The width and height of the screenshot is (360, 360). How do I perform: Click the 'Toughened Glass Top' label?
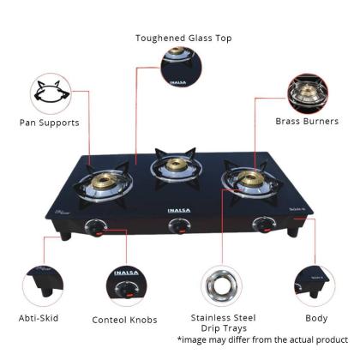point(183,38)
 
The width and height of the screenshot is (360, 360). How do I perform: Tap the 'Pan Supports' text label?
point(50,123)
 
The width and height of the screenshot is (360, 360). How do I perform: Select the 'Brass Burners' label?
point(307,121)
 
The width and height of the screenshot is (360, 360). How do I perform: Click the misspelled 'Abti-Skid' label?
point(39,318)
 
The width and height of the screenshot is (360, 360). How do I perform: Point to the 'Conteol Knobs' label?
point(124,320)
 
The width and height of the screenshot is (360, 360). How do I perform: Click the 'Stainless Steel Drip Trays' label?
point(224,323)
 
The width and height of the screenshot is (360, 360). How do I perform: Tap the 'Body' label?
point(316,318)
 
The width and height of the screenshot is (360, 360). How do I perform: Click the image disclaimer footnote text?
point(262,339)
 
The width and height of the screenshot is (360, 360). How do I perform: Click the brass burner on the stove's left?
point(104,181)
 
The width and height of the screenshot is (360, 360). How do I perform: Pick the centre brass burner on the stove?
point(177,165)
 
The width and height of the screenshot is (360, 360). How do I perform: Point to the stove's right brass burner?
point(250,177)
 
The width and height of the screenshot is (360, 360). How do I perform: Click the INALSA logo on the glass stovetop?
point(179,211)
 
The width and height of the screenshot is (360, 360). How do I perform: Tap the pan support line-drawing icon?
point(51,93)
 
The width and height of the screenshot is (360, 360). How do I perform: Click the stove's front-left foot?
point(65,236)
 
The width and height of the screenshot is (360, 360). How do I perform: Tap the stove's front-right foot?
point(293,232)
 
